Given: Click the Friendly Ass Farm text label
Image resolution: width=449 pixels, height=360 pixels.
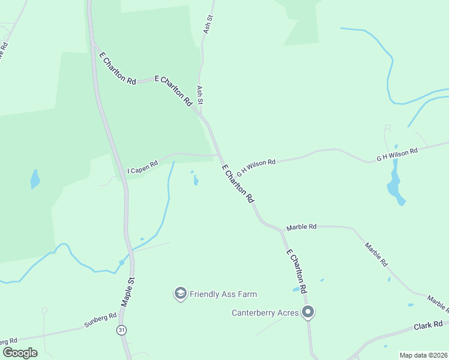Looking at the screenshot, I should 223,294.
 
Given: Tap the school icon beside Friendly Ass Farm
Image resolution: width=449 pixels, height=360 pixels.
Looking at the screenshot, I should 180,293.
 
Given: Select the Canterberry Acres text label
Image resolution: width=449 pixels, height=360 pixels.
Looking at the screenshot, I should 265,313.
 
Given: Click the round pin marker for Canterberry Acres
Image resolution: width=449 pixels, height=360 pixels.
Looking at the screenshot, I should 309,312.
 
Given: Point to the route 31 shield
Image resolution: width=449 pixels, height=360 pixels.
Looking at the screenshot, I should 122,330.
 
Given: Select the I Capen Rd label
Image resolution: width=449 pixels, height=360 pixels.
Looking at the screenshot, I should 142,164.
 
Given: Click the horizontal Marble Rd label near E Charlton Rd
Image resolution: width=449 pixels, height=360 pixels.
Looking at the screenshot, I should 301,227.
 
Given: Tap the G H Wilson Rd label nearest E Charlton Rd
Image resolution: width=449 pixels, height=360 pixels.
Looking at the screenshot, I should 256,166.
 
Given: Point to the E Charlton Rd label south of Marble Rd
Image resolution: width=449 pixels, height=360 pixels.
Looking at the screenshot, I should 297,271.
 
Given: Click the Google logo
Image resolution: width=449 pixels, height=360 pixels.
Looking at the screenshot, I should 20,352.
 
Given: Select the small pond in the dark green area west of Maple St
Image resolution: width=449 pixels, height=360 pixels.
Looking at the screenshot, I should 35,179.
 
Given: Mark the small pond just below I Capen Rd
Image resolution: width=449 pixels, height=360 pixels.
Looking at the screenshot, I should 196,180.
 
